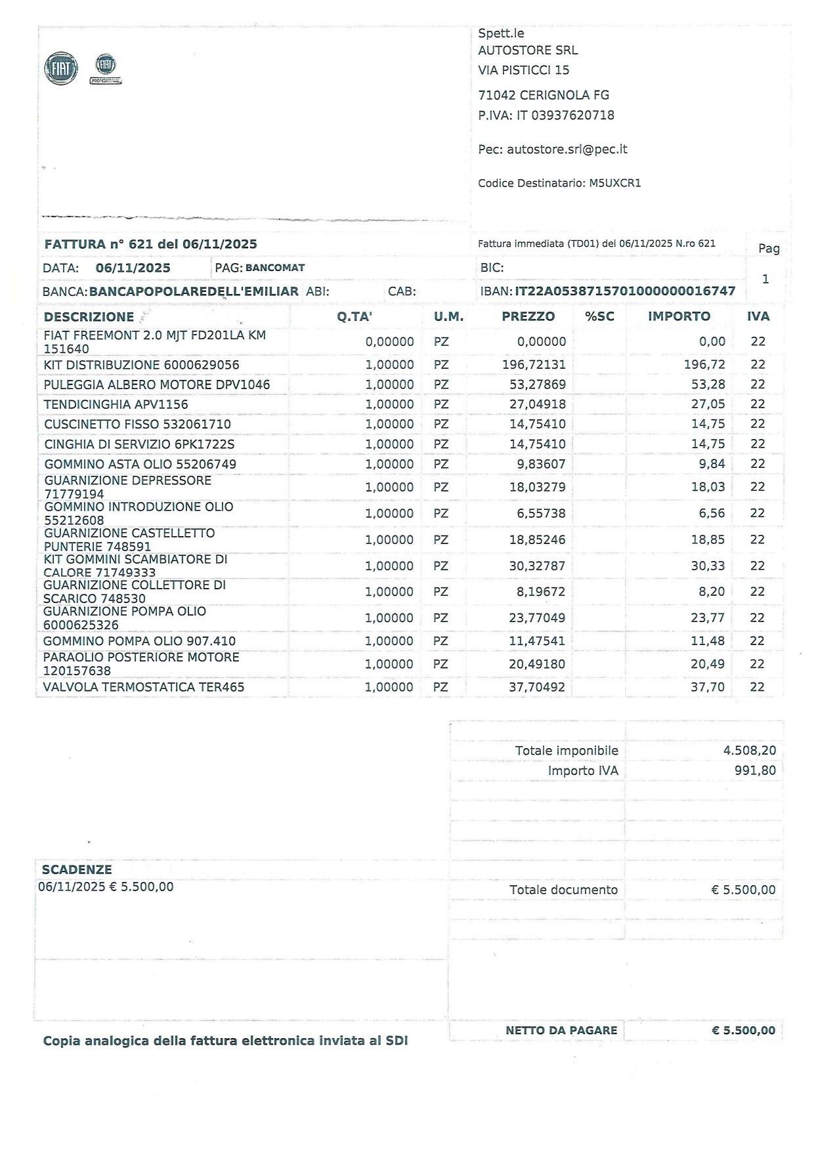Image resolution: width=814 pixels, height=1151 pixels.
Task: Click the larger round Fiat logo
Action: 61,69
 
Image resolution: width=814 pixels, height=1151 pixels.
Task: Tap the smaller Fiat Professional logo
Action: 106,68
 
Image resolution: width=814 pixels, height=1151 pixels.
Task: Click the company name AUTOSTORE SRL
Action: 528,51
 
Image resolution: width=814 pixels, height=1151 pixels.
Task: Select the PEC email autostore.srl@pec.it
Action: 567,150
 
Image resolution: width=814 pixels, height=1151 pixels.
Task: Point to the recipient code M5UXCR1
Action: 614,184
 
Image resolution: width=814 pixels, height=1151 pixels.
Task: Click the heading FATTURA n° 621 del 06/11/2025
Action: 151,244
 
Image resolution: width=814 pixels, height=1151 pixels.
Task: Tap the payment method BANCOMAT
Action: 275,268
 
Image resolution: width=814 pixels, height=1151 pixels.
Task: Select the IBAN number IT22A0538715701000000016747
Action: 625,291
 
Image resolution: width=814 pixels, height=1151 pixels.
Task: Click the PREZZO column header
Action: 528,316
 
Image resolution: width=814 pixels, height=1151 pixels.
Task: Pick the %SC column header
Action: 599,316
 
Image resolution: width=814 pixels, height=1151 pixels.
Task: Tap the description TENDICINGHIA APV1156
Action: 116,405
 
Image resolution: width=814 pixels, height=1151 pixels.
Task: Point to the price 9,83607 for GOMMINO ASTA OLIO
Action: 541,464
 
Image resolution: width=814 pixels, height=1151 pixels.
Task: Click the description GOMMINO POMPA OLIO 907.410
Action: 139,641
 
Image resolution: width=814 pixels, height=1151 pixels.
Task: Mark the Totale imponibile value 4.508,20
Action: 749,751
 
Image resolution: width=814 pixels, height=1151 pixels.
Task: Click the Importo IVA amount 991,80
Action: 755,770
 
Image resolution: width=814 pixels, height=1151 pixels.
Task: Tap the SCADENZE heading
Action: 77,870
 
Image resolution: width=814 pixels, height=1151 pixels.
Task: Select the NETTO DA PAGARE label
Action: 561,1031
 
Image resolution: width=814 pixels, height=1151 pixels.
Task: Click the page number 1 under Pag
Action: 765,280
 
